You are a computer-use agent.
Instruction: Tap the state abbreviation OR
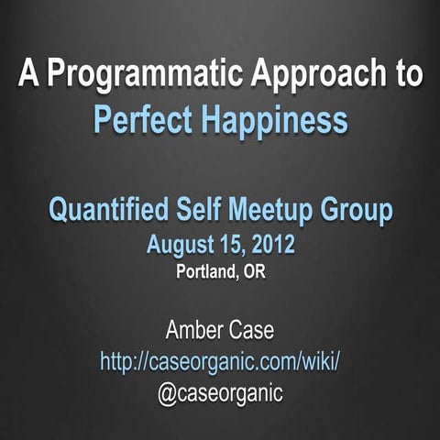pos(254,271)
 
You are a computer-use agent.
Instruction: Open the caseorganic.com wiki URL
pos(220,361)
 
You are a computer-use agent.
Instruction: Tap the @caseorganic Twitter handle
pos(220,393)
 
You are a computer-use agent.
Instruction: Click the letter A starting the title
pos(27,76)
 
